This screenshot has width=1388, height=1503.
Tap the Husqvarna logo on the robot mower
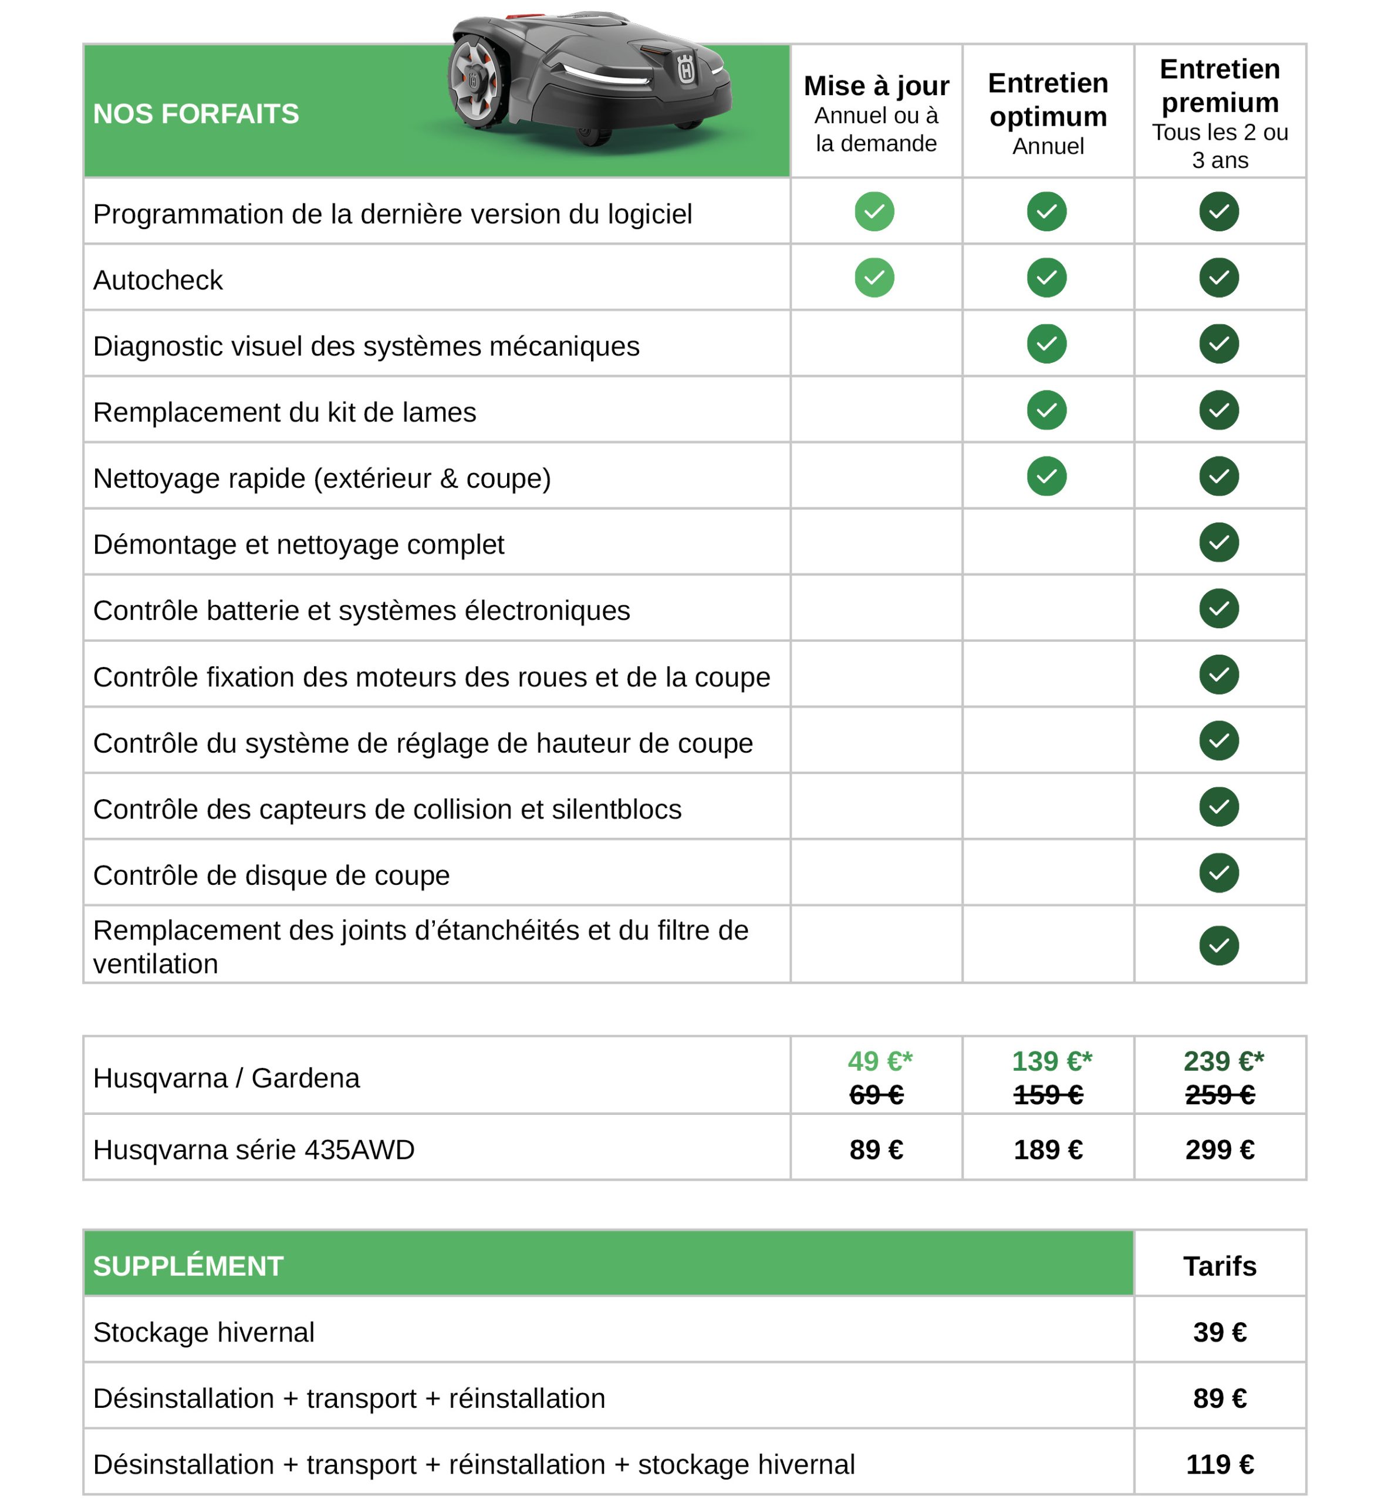point(685,70)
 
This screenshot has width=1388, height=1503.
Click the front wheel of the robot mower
point(475,78)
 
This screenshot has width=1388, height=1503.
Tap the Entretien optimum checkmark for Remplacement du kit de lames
point(1046,410)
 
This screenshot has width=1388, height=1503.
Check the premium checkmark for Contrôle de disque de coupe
point(1218,873)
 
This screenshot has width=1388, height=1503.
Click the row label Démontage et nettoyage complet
point(298,545)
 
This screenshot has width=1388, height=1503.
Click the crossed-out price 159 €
point(1048,1095)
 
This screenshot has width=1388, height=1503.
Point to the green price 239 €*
point(1222,1061)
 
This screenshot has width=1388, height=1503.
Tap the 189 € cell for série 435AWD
point(1048,1150)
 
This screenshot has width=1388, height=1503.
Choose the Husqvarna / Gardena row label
point(226,1079)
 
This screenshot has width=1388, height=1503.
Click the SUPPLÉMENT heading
point(188,1266)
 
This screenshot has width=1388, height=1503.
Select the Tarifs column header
point(1219,1266)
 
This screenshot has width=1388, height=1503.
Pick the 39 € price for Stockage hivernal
point(1219,1332)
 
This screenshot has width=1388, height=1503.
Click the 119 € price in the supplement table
point(1219,1465)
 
